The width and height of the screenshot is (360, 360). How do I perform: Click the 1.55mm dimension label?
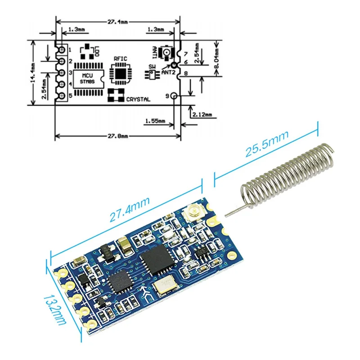155,121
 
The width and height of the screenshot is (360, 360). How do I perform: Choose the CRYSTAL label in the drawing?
138,99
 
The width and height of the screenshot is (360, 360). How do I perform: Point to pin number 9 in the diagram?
168,96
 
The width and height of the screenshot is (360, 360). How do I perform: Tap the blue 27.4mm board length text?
130,211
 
